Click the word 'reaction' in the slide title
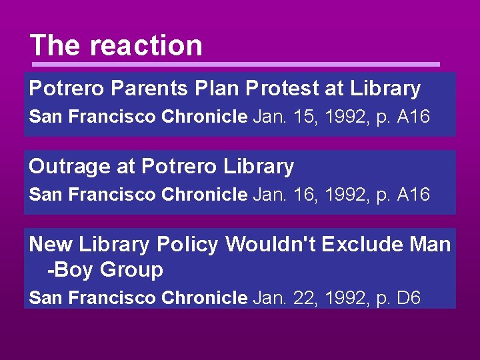146,46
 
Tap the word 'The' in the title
55,46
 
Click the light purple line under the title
236,64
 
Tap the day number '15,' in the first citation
307,117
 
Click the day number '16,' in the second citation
307,195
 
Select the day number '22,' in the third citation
307,298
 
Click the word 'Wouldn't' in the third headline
271,245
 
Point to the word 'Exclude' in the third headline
361,245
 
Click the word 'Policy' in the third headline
187,245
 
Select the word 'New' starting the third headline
51,245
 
